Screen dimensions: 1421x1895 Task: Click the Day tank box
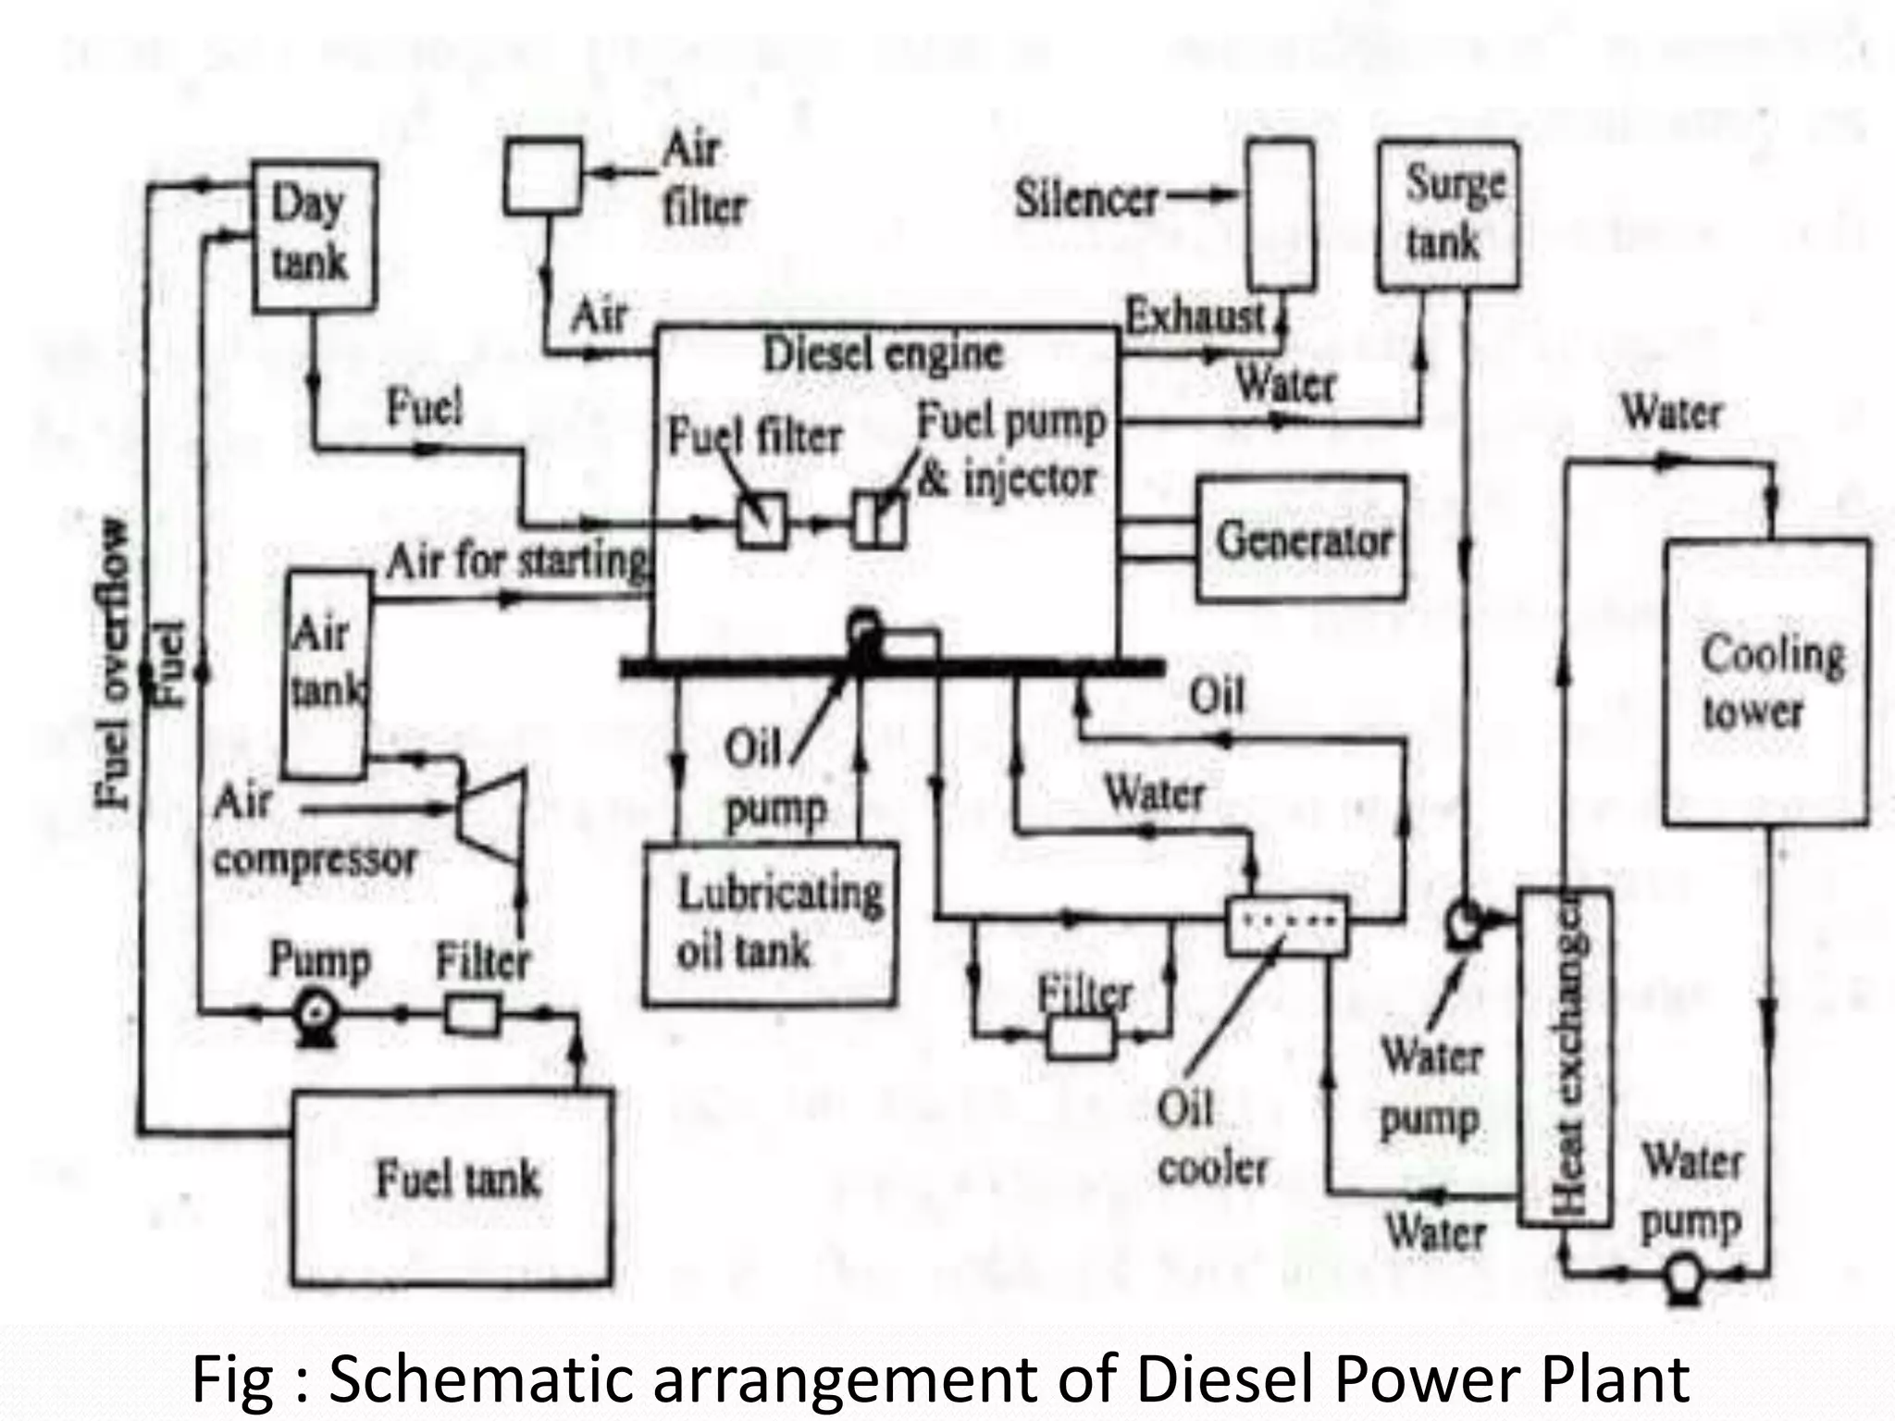pyautogui.click(x=314, y=235)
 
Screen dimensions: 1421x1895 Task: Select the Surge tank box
pyautogui.click(x=1447, y=215)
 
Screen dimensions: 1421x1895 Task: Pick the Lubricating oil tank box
pyautogui.click(x=771, y=923)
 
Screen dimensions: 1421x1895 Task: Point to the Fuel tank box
pyautogui.click(x=453, y=1186)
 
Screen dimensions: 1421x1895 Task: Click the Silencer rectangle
pyautogui.click(x=1280, y=215)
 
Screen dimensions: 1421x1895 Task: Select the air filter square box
pyautogui.click(x=544, y=176)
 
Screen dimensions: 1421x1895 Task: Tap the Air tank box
pyautogui.click(x=324, y=673)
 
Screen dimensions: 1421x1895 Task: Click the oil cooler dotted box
pyautogui.click(x=1286, y=923)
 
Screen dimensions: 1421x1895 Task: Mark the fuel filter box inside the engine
pyautogui.click(x=762, y=521)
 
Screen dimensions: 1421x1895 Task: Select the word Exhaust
pyautogui.click(x=1194, y=317)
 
